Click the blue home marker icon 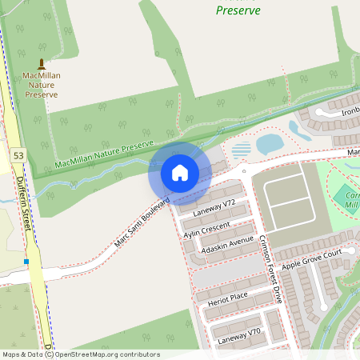pos(179,172)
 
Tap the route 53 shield pos(18,153)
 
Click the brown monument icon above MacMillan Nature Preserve pos(42,63)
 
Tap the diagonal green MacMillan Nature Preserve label pos(103,155)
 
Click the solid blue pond pos(269,143)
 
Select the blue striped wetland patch pos(241,150)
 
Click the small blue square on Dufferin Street pos(26,261)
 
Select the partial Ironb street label pos(349,111)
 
